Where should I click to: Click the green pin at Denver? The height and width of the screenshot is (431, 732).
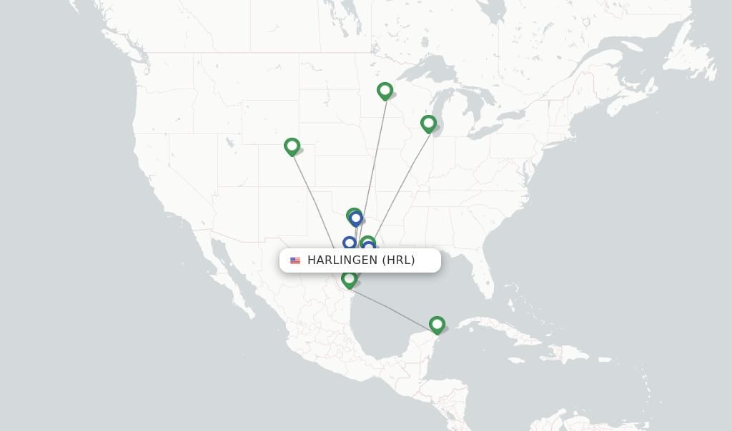[292, 146]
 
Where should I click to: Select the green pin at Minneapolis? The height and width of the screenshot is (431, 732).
[385, 91]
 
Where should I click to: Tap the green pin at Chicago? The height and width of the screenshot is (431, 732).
[428, 123]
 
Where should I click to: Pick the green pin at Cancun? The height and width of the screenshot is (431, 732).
[437, 325]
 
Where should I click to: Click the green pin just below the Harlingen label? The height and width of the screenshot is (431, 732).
[349, 279]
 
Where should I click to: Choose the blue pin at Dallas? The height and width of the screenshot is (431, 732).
[356, 218]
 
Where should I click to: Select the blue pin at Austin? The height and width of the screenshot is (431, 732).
[349, 243]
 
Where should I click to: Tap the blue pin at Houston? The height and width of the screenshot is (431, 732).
[369, 247]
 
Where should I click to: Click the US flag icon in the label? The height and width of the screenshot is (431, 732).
[295, 260]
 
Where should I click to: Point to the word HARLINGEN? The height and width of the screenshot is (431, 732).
[342, 260]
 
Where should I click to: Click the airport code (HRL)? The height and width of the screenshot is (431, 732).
[398, 260]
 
